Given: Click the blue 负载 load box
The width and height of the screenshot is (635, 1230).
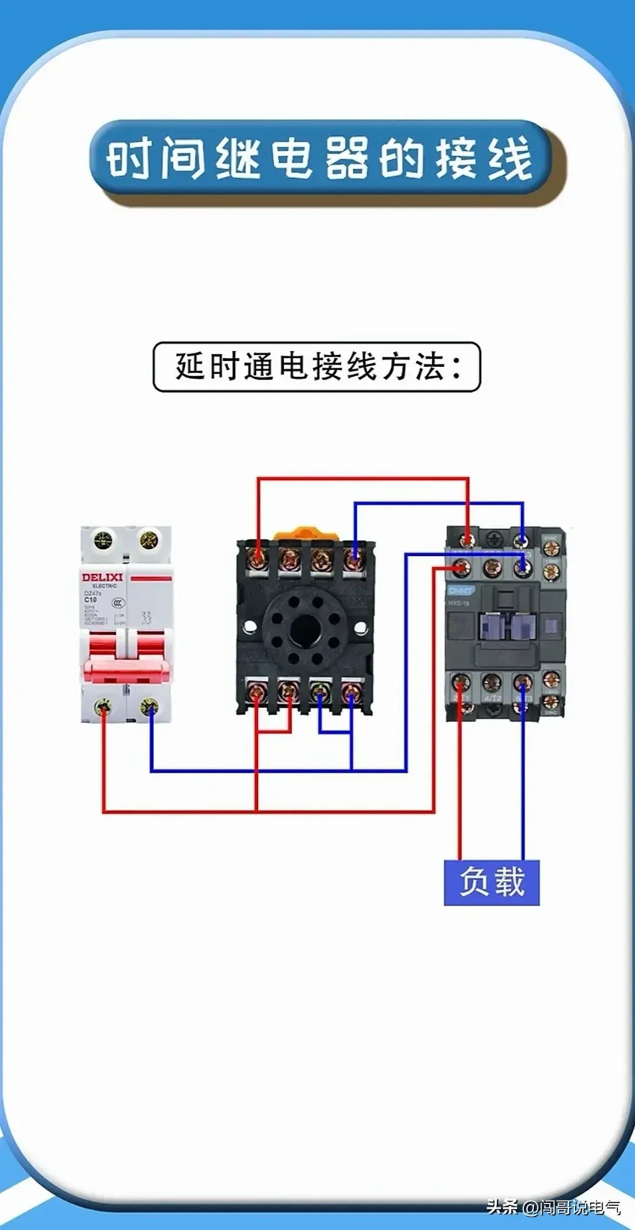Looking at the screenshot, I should [492, 882].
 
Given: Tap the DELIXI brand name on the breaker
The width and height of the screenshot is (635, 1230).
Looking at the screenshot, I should [102, 577].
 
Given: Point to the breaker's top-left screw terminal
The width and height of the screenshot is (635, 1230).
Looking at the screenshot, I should [103, 540].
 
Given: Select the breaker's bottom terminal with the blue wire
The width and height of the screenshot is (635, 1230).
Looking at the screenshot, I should [149, 706].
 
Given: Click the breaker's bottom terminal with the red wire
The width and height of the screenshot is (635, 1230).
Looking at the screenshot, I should [103, 706].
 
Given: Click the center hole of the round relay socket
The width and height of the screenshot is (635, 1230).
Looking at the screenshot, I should [304, 630].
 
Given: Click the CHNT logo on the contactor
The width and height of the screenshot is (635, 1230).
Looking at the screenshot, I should [460, 590].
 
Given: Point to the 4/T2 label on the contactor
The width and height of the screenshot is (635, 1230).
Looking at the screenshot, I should [492, 698].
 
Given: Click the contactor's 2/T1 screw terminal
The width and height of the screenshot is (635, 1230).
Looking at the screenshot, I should [460, 683].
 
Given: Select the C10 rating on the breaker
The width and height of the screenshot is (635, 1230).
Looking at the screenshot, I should [90, 600].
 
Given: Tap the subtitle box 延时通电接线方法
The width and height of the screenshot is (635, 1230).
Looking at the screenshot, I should [317, 367].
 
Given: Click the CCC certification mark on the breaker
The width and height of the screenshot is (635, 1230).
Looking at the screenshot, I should [118, 603].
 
